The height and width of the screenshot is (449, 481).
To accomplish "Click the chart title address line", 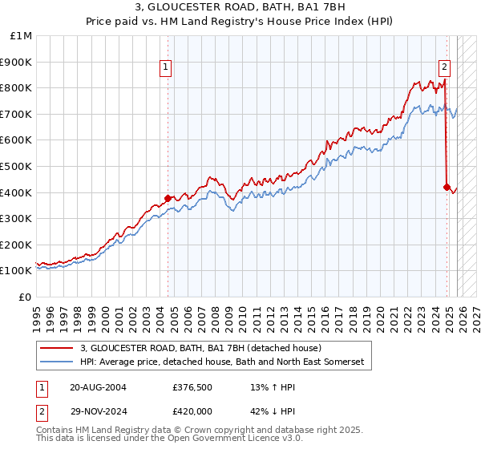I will pos(240,7).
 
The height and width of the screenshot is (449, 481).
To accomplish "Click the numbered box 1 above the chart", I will pos(166,68).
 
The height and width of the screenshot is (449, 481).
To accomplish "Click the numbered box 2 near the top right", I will pos(443,68).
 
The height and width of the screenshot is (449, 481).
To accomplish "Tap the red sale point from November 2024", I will pos(447,187).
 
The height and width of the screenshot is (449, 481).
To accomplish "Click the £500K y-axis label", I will pos(17,166).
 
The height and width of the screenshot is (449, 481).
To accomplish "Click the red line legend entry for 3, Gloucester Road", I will pos(200,348).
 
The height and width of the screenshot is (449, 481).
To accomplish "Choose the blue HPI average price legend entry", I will pos(221,362).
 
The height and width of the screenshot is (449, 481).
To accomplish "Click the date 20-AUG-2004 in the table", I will pos(98,387).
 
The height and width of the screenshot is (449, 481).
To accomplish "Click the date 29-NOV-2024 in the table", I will pos(98,410).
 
